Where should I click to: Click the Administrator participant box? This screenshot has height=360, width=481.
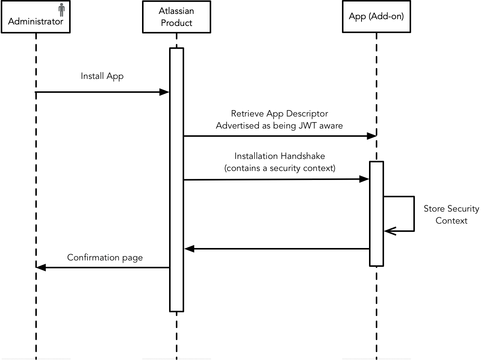pyautogui.click(x=35, y=17)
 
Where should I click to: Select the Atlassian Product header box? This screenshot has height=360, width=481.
pyautogui.click(x=176, y=17)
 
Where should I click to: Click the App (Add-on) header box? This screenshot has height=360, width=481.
pyautogui.click(x=376, y=17)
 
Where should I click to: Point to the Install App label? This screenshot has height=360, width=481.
pyautogui.click(x=102, y=76)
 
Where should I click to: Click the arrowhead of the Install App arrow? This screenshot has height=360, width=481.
pyautogui.click(x=165, y=92)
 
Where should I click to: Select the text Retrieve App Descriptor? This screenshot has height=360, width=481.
pyautogui.click(x=279, y=113)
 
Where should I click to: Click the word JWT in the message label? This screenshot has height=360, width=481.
pyautogui.click(x=307, y=126)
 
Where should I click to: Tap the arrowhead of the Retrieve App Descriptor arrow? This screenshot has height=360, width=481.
pyautogui.click(x=372, y=136)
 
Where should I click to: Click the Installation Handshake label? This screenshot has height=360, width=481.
pyautogui.click(x=280, y=156)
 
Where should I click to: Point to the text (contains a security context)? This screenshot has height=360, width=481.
pyautogui.click(x=280, y=168)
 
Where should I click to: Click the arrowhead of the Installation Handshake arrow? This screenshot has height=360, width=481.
pyautogui.click(x=365, y=179)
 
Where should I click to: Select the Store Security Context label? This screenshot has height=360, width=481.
pyautogui.click(x=451, y=215)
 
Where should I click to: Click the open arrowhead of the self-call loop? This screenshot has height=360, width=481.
pyautogui.click(x=389, y=231)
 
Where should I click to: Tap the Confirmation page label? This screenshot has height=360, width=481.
pyautogui.click(x=105, y=257)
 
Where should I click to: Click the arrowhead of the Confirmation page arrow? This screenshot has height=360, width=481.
pyautogui.click(x=41, y=268)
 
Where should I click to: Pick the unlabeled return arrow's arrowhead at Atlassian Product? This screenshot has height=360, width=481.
pyautogui.click(x=189, y=249)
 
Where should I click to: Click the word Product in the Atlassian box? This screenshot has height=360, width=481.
pyautogui.click(x=176, y=23)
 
